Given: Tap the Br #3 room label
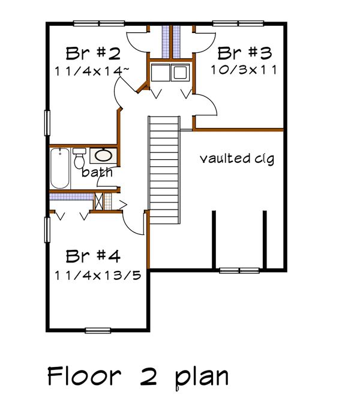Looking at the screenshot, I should point(243,52).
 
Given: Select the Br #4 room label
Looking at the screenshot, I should point(93,257).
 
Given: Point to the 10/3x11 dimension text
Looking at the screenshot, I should point(243,69).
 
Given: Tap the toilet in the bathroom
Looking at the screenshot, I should point(79,159).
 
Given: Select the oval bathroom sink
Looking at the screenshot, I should point(103,156).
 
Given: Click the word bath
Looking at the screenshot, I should point(97,173).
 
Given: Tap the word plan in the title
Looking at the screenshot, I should point(201,377).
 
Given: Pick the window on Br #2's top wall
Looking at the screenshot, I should point(98,24).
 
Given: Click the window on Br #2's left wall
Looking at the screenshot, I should point(46,124).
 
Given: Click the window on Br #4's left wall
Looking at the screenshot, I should point(46,230).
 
